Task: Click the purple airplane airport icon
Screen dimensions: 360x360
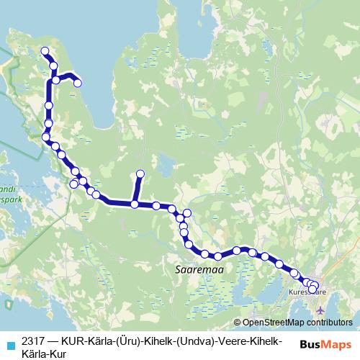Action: [x=320, y=309]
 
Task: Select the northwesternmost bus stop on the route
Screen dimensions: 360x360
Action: [x=45, y=51]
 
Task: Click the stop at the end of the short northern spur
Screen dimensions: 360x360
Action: [x=140, y=174]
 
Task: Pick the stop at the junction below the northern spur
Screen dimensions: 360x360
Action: [x=135, y=205]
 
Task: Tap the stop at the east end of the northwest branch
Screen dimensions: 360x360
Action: [x=78, y=84]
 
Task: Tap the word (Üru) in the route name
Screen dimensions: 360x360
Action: [x=127, y=341]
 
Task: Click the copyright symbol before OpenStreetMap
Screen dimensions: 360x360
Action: [x=238, y=323]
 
